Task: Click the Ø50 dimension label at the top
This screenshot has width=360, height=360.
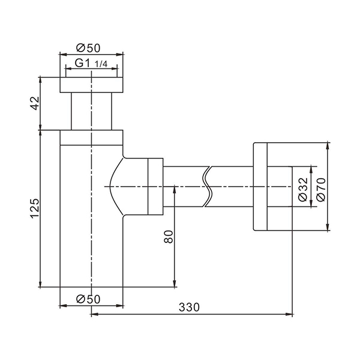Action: point(88,48)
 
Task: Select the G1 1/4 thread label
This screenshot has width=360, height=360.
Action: point(91,63)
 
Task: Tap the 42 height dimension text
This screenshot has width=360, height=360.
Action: point(35,103)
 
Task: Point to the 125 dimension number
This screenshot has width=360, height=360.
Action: point(35,208)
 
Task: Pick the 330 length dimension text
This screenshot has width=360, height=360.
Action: point(189,307)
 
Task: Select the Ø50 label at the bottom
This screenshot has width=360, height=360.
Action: point(88,299)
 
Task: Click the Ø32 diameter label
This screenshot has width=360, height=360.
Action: point(303,190)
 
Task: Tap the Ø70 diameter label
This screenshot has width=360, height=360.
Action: point(321,190)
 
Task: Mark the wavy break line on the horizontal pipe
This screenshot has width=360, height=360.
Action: point(208,187)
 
